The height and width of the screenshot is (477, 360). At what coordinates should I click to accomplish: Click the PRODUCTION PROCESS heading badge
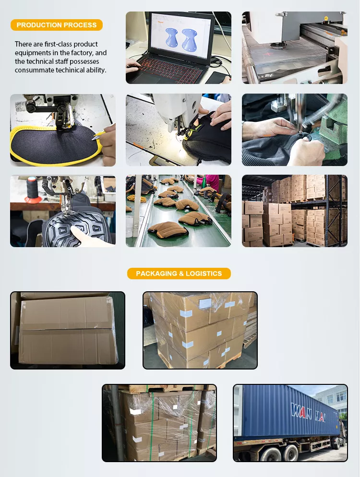pyautogui.click(x=57, y=25)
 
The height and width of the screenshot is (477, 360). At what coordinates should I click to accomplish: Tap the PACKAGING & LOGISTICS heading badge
pyautogui.click(x=179, y=274)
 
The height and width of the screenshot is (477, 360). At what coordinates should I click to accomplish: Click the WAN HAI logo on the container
pyautogui.click(x=308, y=412)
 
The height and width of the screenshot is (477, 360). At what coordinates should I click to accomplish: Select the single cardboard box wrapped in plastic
pyautogui.click(x=68, y=330)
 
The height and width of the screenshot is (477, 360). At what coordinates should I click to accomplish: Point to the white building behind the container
pyautogui.click(x=332, y=398)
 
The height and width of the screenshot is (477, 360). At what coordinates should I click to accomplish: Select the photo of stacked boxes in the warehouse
pyautogui.click(x=295, y=211)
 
